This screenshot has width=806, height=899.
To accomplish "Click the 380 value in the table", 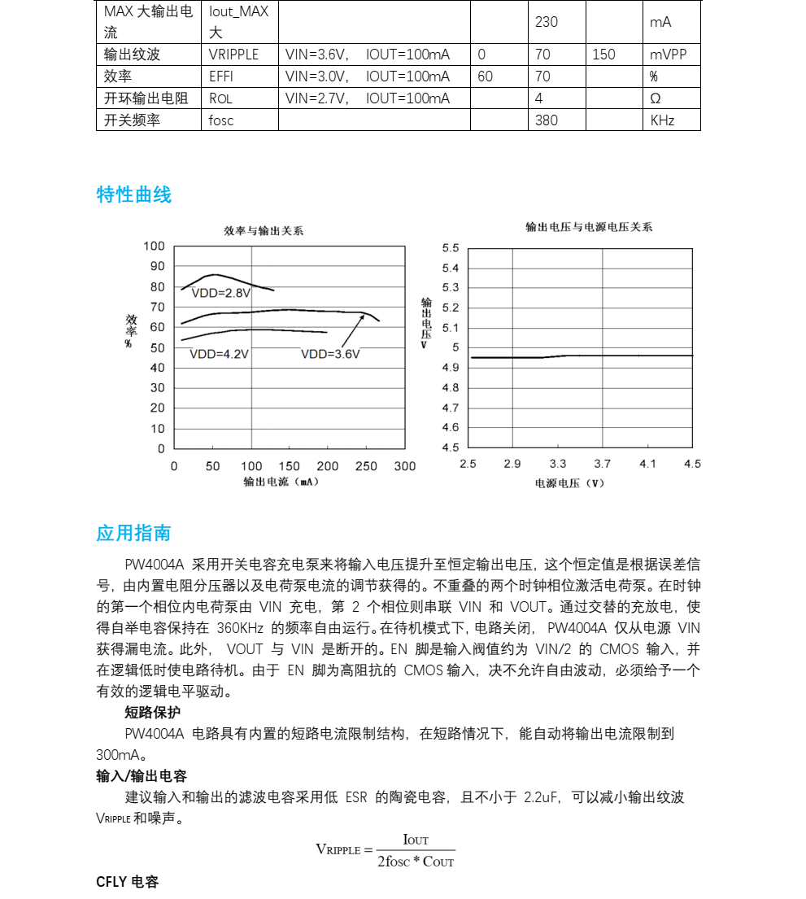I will [x=547, y=120].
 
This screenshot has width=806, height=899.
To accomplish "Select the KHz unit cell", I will [x=663, y=120].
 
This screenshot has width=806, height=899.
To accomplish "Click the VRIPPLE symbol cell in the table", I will [x=234, y=55].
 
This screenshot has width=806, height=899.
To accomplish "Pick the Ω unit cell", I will [x=656, y=98].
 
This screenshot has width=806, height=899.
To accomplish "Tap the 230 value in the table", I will [x=547, y=22].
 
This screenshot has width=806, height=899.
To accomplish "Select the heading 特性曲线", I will [x=134, y=195].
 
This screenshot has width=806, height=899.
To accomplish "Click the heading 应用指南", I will [x=134, y=534].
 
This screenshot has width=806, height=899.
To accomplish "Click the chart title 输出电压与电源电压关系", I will [x=588, y=227].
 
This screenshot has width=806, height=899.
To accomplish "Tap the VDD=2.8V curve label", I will [x=221, y=293].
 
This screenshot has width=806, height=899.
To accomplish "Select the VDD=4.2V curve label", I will [x=219, y=354].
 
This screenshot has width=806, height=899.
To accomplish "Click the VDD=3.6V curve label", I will [x=330, y=354].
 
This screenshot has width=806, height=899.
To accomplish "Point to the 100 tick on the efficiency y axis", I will [x=154, y=247].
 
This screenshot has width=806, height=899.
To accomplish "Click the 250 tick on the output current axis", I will [x=366, y=466].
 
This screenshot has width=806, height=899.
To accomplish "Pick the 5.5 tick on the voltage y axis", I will [x=451, y=248].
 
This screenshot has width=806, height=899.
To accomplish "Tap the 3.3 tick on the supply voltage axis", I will [x=558, y=464].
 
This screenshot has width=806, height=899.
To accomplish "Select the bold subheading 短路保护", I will [x=153, y=713].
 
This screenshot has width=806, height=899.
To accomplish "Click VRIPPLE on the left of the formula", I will [x=338, y=849].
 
